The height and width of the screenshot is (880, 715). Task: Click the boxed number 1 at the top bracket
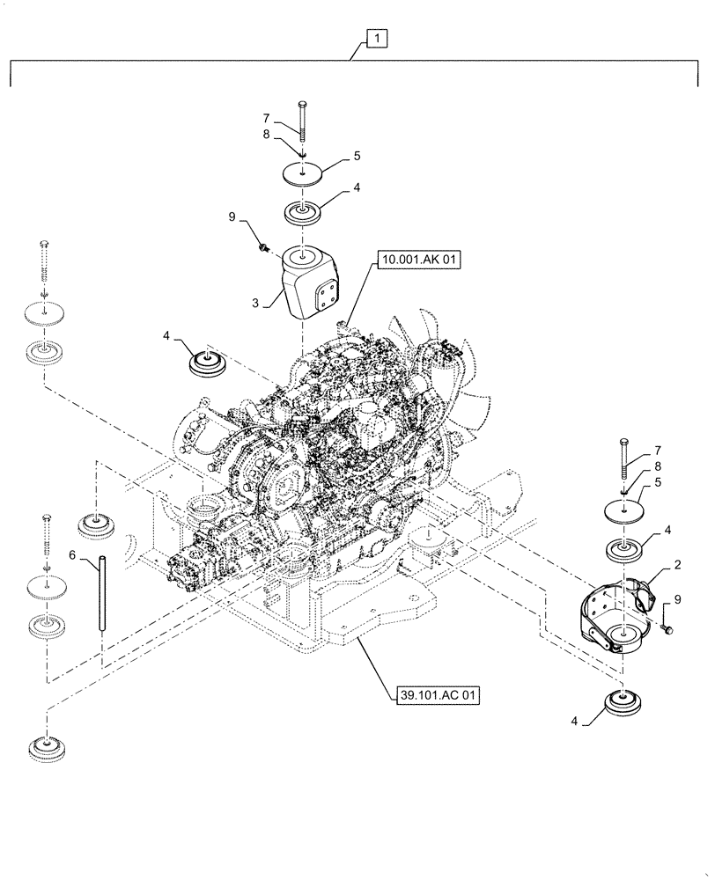point(376,40)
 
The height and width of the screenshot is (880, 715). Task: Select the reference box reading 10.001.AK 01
point(420,260)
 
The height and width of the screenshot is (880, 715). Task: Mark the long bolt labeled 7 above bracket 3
point(302,123)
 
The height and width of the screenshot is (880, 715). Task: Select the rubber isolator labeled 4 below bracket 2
point(624,706)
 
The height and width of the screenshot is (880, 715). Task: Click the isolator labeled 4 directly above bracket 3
point(303,214)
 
